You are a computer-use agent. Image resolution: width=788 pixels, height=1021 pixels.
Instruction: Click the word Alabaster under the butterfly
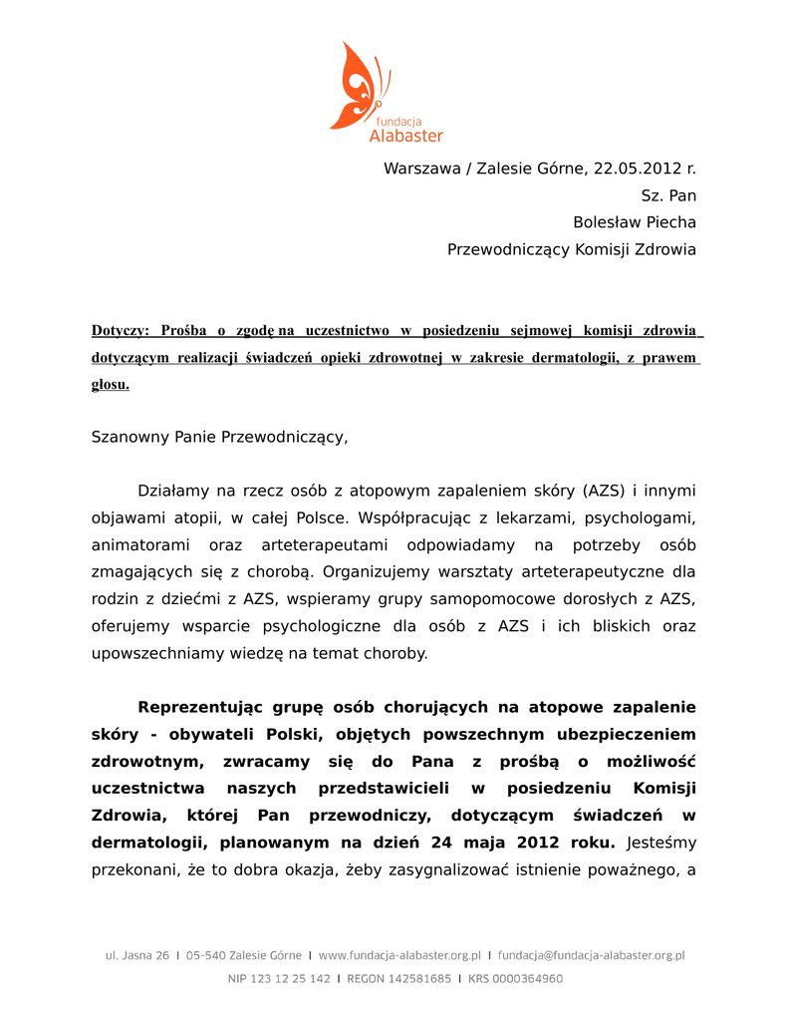tap(405, 136)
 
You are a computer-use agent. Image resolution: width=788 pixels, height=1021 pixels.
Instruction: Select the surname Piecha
tap(665, 222)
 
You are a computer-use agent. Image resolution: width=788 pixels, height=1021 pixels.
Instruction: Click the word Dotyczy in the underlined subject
tap(120, 330)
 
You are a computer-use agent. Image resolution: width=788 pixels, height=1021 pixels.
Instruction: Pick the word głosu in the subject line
tap(110, 384)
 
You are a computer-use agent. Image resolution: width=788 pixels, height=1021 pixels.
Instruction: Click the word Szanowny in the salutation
tap(131, 437)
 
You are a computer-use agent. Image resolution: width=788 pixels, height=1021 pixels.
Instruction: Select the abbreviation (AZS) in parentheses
tap(604, 491)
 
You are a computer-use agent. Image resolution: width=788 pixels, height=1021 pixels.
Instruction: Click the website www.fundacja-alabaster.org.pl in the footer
tap(399, 955)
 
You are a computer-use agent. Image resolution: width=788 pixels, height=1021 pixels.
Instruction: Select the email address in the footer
tap(591, 955)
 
